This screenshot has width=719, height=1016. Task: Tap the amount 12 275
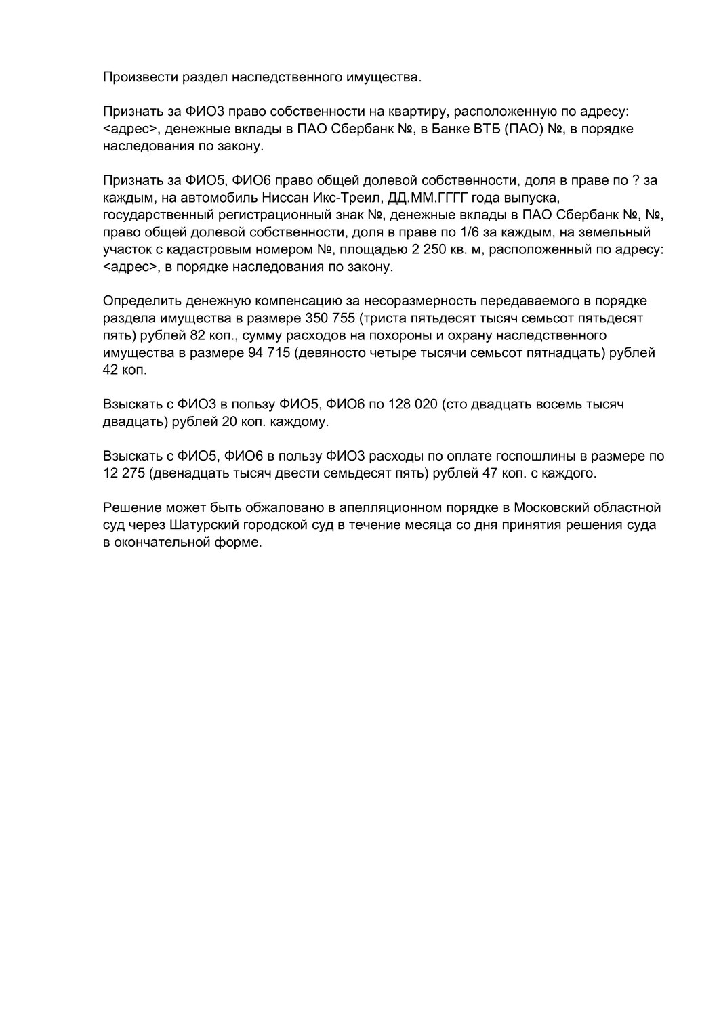(x=124, y=473)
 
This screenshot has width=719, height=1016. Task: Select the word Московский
(x=558, y=507)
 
